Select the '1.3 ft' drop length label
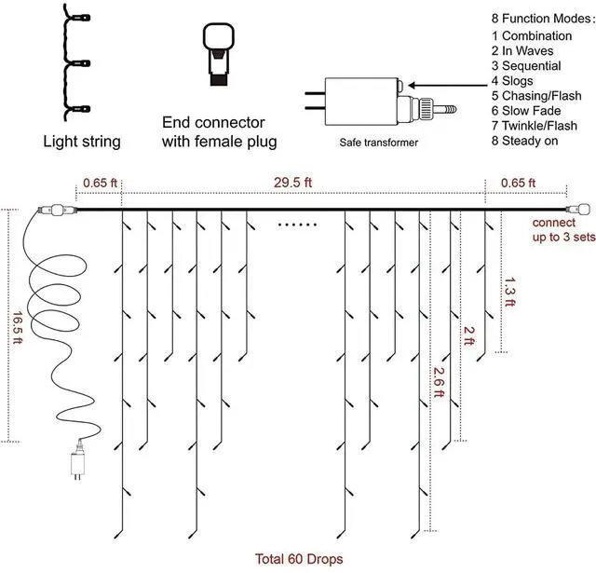click(x=508, y=293)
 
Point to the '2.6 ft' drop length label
click(x=437, y=381)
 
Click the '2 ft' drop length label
click(x=469, y=336)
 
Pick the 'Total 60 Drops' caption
click(x=299, y=559)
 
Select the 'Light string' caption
click(x=82, y=143)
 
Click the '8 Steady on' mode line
click(x=533, y=141)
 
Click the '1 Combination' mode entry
click(x=531, y=35)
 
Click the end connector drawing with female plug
click(x=218, y=51)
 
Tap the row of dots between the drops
click(x=298, y=225)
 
